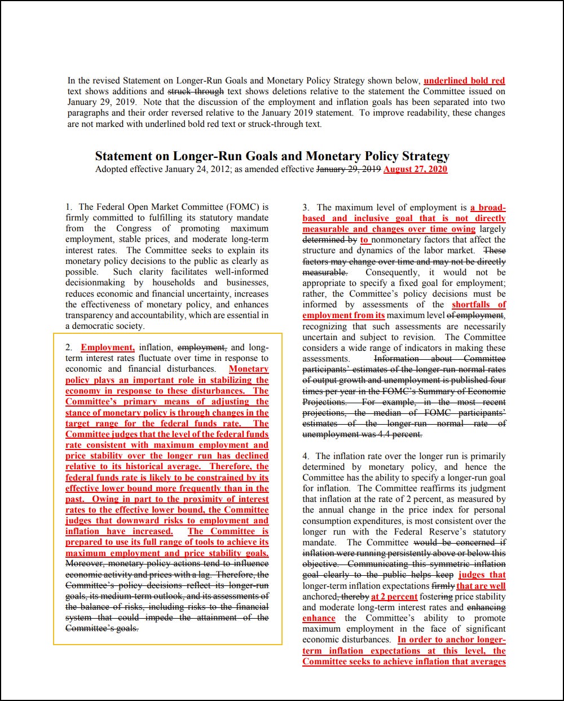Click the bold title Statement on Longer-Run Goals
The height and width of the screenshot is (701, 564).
pos(272,156)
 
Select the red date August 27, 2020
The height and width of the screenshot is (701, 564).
pos(415,169)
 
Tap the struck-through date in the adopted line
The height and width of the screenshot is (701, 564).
pos(349,169)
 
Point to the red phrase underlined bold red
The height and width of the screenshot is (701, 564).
pos(464,81)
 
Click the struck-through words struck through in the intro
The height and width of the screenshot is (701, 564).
pos(194,91)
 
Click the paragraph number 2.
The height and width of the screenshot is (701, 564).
pos(68,348)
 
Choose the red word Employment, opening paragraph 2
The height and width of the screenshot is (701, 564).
pos(108,348)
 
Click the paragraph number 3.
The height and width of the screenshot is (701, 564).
pos(305,208)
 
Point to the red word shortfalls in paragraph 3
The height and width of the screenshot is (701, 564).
pos(471,305)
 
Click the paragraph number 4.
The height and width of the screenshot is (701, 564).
pos(305,456)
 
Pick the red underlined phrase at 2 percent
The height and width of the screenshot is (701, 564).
pos(394,597)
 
